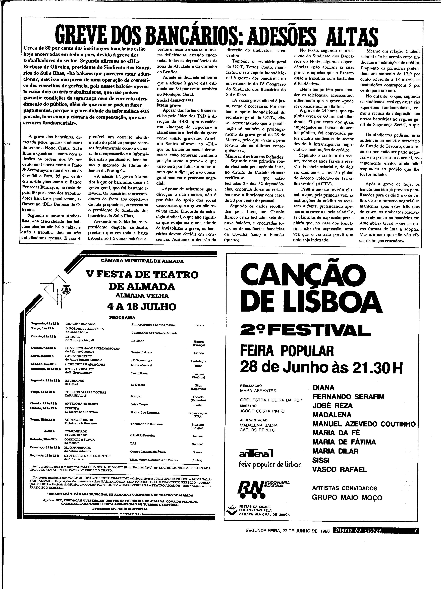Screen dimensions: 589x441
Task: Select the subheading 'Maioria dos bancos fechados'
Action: click(254, 157)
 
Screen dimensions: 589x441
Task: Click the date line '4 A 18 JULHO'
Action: click(142, 307)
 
